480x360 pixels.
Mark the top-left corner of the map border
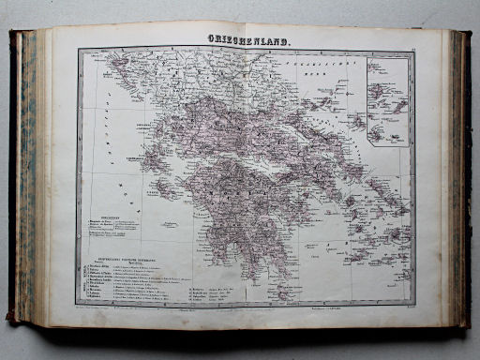pyautogui.click(x=80, y=50)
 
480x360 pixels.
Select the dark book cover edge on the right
pyautogui.click(x=464, y=178)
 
